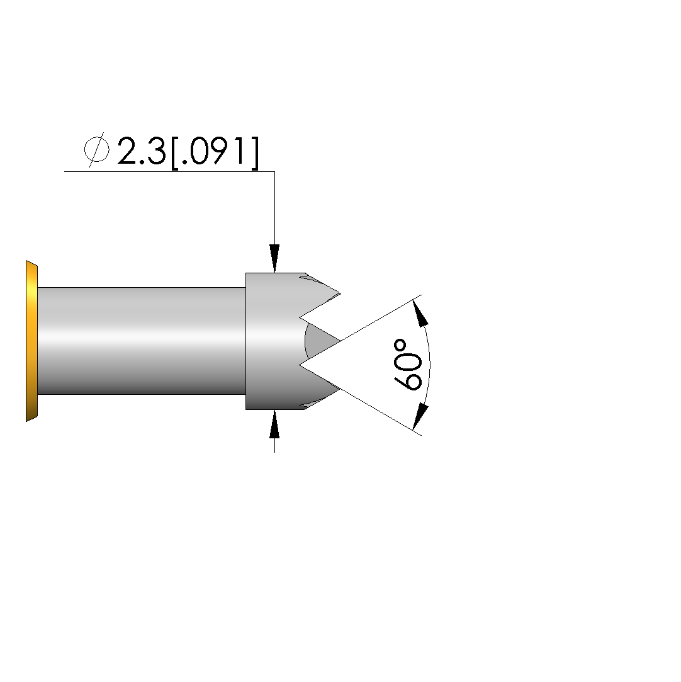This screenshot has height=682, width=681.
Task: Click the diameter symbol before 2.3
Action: pos(96,150)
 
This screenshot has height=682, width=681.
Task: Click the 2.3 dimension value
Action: pos(141,151)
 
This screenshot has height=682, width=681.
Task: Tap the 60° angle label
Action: pos(408,365)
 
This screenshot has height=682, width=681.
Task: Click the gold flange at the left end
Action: pos(31,341)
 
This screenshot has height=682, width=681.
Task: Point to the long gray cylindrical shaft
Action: pos(142,341)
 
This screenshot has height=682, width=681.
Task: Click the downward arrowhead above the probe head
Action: pos(274,258)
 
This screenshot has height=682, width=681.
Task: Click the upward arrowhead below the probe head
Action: pos(274,424)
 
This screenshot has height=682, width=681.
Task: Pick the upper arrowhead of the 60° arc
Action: pos(420,313)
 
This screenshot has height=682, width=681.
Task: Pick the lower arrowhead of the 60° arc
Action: pos(420,417)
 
